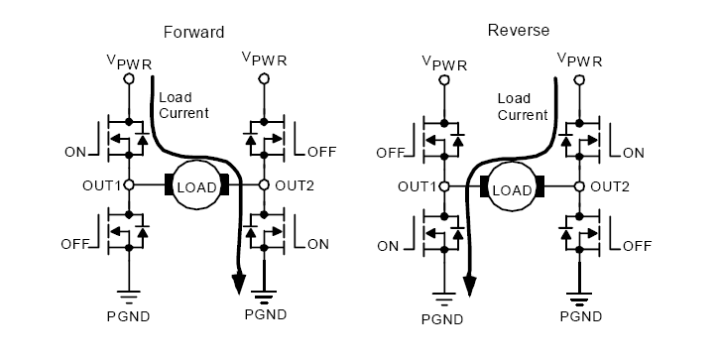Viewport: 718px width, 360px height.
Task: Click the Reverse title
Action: pos(513,29)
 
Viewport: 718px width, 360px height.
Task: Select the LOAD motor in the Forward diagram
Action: pos(196,185)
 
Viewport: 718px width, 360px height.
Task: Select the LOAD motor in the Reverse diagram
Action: pos(512,187)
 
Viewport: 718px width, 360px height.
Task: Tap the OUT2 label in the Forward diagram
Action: pos(295,185)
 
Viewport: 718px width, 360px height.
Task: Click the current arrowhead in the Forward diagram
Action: pos(238,284)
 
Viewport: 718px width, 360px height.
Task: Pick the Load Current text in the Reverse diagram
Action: pos(522,106)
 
